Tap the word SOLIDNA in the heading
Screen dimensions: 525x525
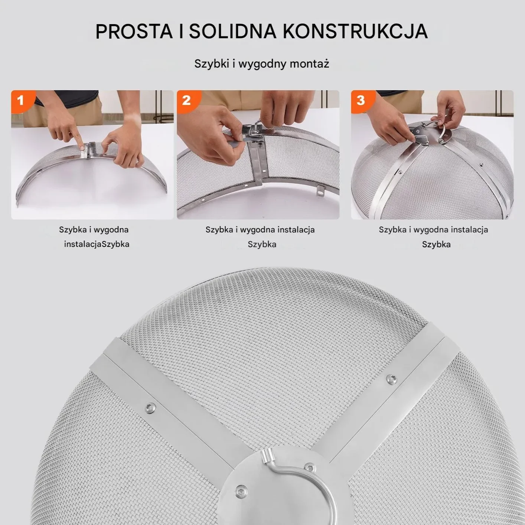click(233, 32)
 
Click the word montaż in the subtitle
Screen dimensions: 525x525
click(309, 64)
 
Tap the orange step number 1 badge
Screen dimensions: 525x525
click(21, 100)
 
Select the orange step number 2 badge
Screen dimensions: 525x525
click(186, 100)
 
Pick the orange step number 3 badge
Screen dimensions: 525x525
click(361, 100)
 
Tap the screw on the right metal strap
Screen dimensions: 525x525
click(391, 379)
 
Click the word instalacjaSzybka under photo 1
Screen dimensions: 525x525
click(97, 244)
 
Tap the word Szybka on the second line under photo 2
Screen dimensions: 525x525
click(262, 244)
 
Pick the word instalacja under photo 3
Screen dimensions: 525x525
click(469, 230)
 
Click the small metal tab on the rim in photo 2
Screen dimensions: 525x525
click(320, 192)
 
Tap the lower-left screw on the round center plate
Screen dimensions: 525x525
click(241, 490)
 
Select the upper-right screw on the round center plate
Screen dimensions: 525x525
click(308, 466)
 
